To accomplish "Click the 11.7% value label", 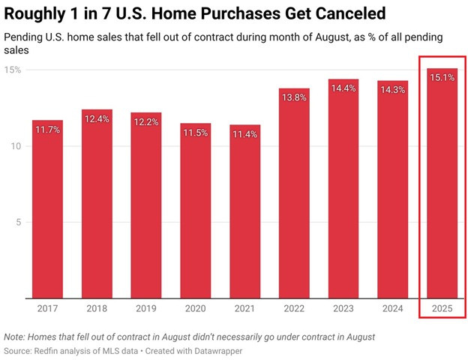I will (x=47, y=130).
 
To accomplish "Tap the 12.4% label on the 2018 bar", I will (x=97, y=119).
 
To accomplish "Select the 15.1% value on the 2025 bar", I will (x=442, y=78).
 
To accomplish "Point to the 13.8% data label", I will (x=294, y=98).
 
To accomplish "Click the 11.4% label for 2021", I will (x=244, y=134).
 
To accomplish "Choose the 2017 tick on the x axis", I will (x=47, y=307).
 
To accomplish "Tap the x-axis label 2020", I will (x=195, y=307).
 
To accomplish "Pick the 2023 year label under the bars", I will (x=343, y=307).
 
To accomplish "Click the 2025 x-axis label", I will (x=442, y=307).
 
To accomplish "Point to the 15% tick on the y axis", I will (x=13, y=70).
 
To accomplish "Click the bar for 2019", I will (x=146, y=210).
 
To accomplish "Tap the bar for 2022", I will (x=294, y=202).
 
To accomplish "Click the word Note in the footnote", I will (x=14, y=337).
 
